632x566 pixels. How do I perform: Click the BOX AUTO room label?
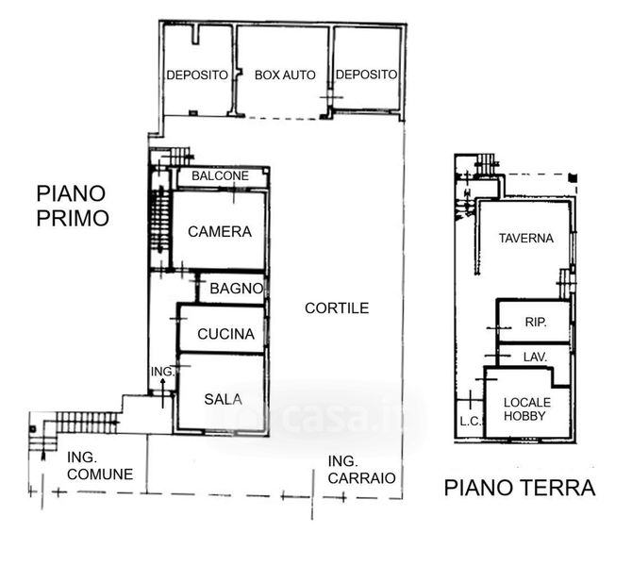pyautogui.click(x=285, y=75)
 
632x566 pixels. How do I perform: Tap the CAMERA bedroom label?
pyautogui.click(x=220, y=231)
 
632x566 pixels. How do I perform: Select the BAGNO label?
pyautogui.click(x=237, y=289)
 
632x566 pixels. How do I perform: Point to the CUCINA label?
pyautogui.click(x=226, y=334)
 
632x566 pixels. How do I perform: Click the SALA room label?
pyautogui.click(x=223, y=399)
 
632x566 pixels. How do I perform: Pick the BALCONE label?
pyautogui.click(x=220, y=175)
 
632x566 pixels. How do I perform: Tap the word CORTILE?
pyautogui.click(x=337, y=308)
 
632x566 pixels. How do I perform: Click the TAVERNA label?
pyautogui.click(x=526, y=239)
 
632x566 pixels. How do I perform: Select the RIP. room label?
pyautogui.click(x=536, y=322)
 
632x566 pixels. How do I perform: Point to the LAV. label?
pyautogui.click(x=535, y=357)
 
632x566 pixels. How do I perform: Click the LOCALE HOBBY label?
pyautogui.click(x=526, y=408)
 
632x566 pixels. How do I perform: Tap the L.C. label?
pyautogui.click(x=470, y=422)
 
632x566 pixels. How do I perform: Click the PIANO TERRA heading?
pyautogui.click(x=520, y=488)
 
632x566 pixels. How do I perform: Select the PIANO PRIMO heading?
pyautogui.click(x=73, y=206)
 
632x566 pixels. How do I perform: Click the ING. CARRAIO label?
pyautogui.click(x=361, y=470)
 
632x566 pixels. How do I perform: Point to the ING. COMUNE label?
pyautogui.click(x=100, y=466)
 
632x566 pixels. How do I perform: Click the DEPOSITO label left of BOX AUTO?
pyautogui.click(x=197, y=75)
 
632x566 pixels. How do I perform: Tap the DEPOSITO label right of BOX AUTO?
pyautogui.click(x=366, y=75)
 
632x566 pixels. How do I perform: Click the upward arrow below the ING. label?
pyautogui.click(x=163, y=393)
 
